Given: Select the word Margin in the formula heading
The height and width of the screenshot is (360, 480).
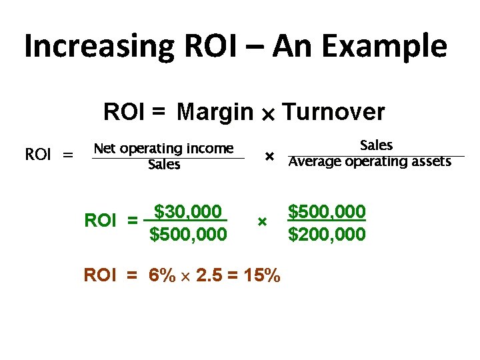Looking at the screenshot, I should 215,112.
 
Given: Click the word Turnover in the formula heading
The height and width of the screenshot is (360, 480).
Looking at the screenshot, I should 334,112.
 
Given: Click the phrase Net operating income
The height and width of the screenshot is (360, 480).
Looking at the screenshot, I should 164,148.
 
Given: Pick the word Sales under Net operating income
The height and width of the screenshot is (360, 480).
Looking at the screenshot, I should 164,164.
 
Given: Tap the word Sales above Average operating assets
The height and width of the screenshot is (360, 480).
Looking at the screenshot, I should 376,145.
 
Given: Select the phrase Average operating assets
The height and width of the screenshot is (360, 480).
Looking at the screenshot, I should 370,161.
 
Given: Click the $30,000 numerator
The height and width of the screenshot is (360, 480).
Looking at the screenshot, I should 187,212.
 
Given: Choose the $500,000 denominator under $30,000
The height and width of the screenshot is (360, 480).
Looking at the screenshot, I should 188,234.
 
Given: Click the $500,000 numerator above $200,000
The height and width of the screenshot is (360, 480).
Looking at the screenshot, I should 327,212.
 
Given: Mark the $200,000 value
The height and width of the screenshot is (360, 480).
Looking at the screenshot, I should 327,234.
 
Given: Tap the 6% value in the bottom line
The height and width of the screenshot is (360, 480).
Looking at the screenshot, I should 163,275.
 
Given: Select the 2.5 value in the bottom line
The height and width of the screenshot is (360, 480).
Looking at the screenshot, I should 207,275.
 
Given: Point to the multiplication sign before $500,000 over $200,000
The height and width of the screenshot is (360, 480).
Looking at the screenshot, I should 262,221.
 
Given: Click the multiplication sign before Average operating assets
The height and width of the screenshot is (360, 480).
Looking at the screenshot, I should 269,156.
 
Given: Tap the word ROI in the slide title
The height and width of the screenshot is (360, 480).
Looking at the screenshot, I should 209,47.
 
